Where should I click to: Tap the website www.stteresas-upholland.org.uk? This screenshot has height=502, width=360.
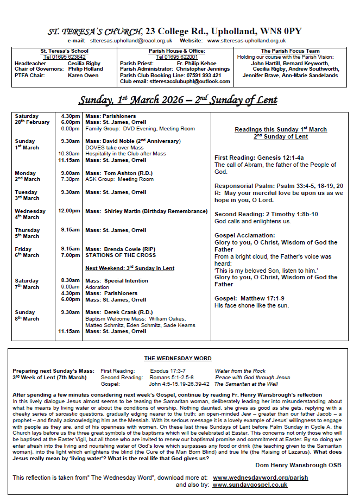pos(247,41)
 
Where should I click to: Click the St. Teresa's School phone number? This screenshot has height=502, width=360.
pos(65,57)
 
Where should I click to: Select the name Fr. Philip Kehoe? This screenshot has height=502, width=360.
pos(196,64)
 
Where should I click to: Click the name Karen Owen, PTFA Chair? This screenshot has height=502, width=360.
pos(83,76)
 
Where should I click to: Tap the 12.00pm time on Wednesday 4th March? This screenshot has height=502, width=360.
pos(70,211)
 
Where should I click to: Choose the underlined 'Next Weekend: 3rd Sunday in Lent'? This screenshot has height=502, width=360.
pos(130,268)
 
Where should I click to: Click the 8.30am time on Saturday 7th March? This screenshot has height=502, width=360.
pos(71,281)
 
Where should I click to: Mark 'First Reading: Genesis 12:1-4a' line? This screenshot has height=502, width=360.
pos(260,158)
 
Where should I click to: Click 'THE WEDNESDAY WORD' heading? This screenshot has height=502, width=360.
pos(178,359)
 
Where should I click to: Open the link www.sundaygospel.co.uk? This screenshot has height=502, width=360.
pos(250,485)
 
